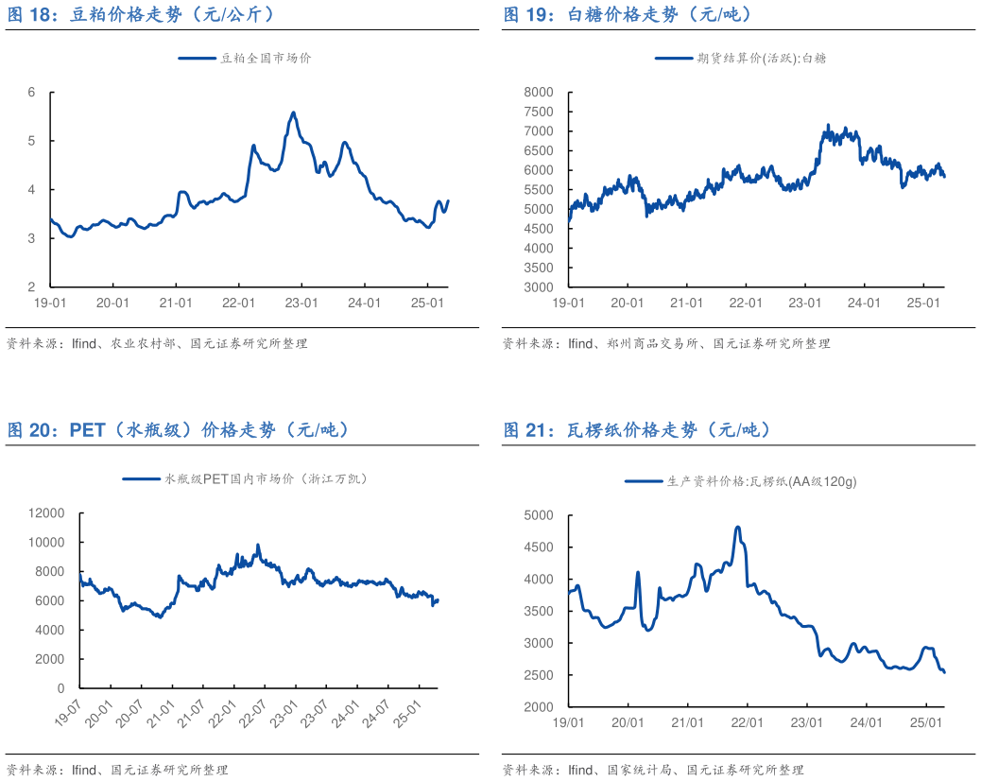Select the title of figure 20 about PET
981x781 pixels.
179,430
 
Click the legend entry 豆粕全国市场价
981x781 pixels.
245,58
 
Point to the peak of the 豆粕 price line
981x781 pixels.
293,113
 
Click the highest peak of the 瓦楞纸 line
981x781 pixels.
737,528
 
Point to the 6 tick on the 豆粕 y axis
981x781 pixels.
31,93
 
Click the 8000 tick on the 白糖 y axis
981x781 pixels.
538,92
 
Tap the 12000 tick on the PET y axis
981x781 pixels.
46,513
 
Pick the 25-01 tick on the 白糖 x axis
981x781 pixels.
923,303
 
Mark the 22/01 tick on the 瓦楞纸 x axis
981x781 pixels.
748,722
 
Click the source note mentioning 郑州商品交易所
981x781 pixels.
665,344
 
